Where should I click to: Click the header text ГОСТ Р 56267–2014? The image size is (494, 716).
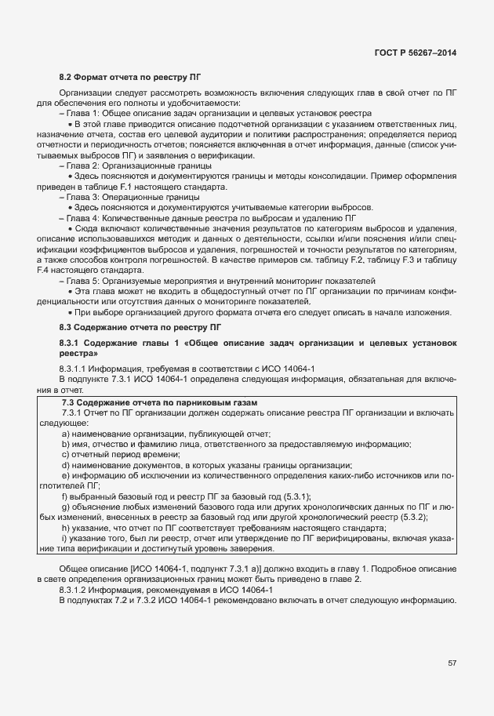[416, 52]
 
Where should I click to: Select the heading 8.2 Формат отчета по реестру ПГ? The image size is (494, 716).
[130, 78]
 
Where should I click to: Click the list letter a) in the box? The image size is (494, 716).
[65, 434]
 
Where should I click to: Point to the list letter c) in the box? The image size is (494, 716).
[65, 454]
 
